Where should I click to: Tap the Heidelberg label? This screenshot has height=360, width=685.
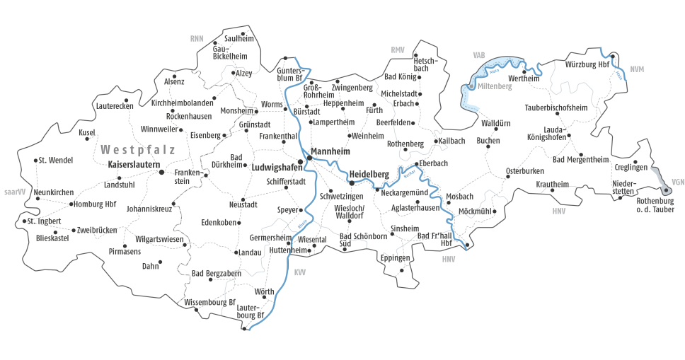point(369,175)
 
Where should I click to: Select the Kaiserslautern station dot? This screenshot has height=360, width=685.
point(161,172)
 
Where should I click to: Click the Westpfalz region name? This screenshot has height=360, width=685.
point(137,150)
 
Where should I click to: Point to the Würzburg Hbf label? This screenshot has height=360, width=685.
point(587,64)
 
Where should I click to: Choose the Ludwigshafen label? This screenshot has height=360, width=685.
point(272,168)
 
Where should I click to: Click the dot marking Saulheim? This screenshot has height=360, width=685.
point(243,33)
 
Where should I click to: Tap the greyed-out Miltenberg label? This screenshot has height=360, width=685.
point(495,86)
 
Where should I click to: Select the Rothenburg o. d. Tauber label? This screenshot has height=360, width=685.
point(655,205)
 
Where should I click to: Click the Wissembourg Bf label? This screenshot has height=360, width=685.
point(209,302)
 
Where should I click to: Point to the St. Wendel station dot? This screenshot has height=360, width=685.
point(35,161)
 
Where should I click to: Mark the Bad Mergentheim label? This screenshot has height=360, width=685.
point(580,160)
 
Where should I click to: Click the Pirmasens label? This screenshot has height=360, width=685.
point(125,251)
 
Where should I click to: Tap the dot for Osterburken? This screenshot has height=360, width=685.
point(507,177)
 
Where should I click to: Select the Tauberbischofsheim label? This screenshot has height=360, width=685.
point(556,108)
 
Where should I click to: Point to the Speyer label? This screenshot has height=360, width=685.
point(288,210)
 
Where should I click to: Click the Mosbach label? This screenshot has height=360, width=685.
point(460,196)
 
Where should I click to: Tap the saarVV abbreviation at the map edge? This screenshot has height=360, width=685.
point(14,191)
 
